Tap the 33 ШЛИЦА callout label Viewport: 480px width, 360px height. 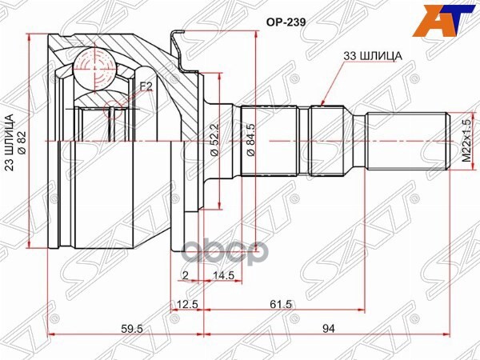tap(374, 55)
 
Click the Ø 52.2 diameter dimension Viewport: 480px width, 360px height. tap(215, 139)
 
